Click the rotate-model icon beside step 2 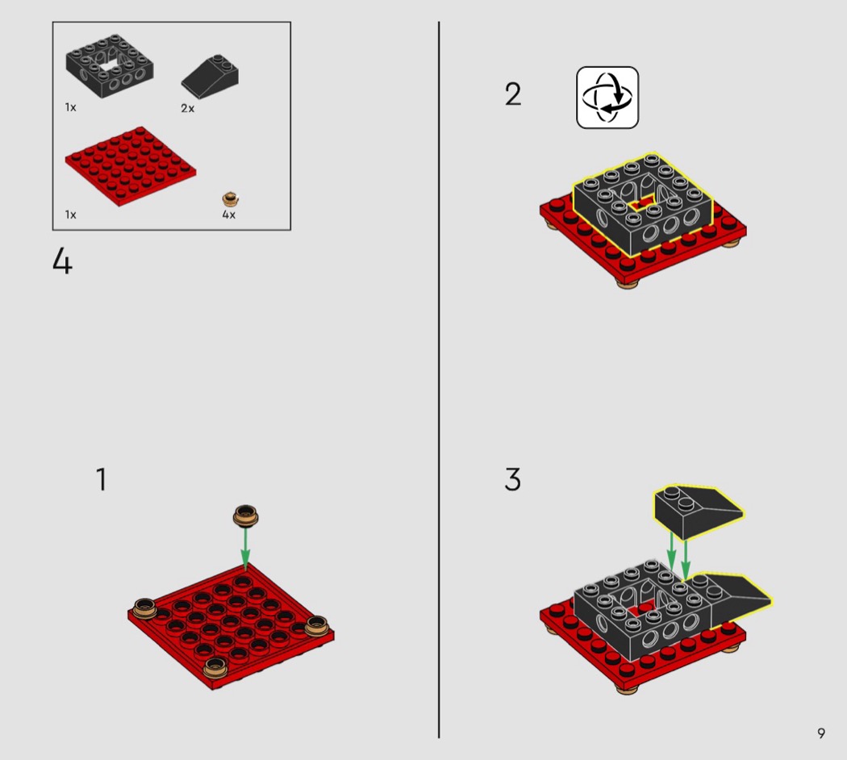[x=607, y=98]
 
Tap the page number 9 [x=821, y=733]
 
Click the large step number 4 [x=62, y=262]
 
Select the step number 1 [x=101, y=479]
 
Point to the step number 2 [x=513, y=94]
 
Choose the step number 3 [x=512, y=479]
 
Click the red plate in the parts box [x=131, y=166]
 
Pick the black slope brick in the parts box [x=210, y=77]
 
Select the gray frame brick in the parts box [x=110, y=66]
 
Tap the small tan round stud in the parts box [x=231, y=199]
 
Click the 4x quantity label [x=228, y=215]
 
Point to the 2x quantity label [x=187, y=109]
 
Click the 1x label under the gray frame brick [x=70, y=107]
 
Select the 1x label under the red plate [x=70, y=215]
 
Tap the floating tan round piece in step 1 [x=245, y=516]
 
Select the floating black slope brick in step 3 [x=699, y=512]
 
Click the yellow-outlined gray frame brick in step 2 [x=643, y=204]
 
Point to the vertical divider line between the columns [x=439, y=380]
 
